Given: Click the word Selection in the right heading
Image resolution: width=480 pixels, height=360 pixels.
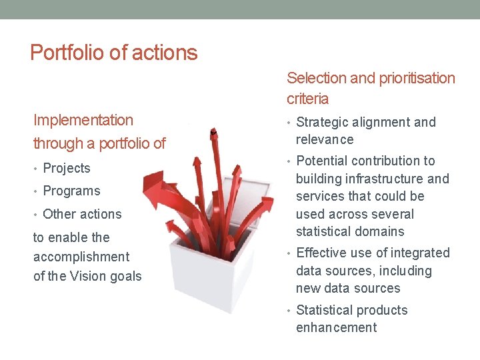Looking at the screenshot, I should pos(316,78).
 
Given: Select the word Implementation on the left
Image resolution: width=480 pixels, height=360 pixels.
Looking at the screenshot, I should pos(83,120).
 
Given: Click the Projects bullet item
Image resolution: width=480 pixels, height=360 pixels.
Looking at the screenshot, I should pos(66,168).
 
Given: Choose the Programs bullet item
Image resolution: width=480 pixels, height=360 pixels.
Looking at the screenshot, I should pos(71,191).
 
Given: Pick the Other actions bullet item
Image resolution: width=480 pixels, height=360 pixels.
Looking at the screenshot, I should pos(82,214).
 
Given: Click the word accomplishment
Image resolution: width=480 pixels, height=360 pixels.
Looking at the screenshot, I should pos(81,257).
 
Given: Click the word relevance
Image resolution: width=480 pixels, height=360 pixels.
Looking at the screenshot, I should pos(325,139).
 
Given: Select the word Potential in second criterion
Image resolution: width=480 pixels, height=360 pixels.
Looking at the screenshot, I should pos(322,161).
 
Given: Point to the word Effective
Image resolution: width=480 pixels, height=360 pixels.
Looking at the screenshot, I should pos(322,253).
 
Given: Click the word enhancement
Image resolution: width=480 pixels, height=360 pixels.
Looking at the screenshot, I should pos(336,327).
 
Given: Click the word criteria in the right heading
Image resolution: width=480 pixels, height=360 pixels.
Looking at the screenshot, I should pos(307,99).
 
